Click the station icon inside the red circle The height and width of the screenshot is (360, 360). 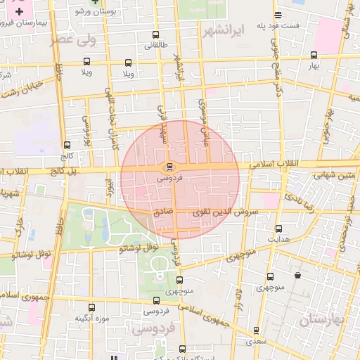[169, 167]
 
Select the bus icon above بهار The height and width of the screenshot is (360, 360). [314, 55]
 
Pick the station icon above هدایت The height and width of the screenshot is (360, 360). [279, 229]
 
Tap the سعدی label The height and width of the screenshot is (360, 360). [256, 342]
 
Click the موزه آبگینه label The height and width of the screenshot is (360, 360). [93, 319]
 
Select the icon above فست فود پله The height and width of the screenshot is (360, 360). [278, 14]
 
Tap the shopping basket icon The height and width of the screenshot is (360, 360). [299, 275]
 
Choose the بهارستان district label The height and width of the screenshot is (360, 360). [323, 320]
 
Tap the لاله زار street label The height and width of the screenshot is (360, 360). [238, 292]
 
